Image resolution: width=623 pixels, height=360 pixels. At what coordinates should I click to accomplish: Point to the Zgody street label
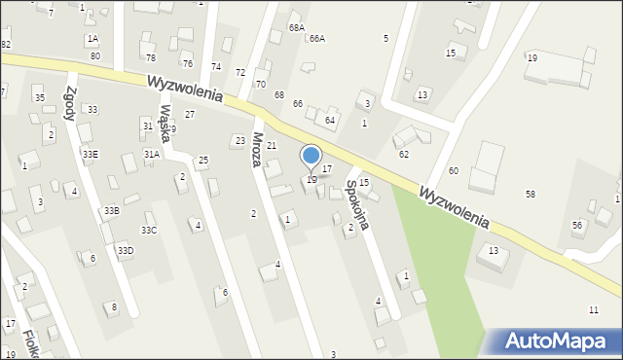click(70, 102)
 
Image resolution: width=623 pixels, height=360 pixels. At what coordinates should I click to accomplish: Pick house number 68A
click(297, 28)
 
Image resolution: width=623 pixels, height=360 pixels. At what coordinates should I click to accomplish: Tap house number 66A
click(316, 38)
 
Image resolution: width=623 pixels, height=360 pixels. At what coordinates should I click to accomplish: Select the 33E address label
click(90, 154)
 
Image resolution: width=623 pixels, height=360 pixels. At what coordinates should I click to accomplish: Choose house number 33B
click(112, 210)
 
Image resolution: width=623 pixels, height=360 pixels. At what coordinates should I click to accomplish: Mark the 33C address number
click(149, 230)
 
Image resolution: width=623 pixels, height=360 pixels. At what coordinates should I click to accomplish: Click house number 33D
click(126, 251)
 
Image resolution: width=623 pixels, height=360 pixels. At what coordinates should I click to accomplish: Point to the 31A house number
click(152, 154)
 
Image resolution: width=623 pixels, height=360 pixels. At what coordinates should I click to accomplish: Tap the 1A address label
click(92, 39)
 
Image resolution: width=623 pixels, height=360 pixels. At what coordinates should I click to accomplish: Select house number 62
click(404, 154)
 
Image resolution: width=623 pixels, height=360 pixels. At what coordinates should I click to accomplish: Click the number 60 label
click(454, 170)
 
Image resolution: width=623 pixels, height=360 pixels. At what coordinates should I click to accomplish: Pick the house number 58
click(531, 195)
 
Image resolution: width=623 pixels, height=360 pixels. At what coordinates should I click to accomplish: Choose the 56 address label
click(577, 225)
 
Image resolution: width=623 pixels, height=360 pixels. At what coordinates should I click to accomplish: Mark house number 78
click(151, 58)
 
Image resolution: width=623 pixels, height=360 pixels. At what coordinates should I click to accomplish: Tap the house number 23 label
click(239, 140)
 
